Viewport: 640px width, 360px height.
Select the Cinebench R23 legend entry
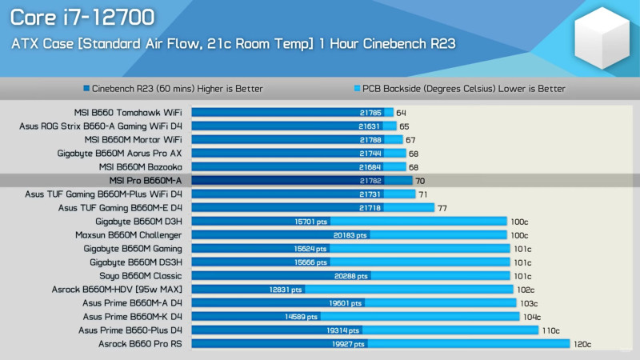(x=173, y=89)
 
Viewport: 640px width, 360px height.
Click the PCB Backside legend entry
(x=459, y=89)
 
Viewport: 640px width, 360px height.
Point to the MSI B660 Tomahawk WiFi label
(x=127, y=113)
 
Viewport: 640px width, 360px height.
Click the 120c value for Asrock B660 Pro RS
(x=582, y=344)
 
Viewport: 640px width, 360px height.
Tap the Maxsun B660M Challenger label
(x=129, y=235)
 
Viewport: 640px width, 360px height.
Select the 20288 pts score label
(x=352, y=276)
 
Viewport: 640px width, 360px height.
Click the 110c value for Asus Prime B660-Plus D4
(x=551, y=330)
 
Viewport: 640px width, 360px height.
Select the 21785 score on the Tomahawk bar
(x=370, y=113)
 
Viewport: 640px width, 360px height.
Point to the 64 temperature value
(x=401, y=113)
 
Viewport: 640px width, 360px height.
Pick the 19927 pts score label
(x=348, y=344)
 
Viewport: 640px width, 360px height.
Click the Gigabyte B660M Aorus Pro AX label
(x=120, y=154)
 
